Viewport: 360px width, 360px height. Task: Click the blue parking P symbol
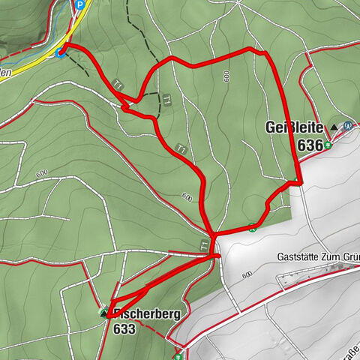point(79,4)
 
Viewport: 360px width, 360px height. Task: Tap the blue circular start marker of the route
point(61,51)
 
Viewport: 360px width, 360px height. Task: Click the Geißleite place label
point(294,127)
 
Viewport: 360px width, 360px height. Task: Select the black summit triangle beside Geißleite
point(334,127)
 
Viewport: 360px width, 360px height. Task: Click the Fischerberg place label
point(147,314)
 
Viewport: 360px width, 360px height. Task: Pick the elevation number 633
point(125,328)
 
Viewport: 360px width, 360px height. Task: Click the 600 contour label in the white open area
point(247,275)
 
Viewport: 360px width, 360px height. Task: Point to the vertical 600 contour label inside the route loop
point(226,76)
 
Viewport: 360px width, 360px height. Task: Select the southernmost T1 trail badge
point(204,244)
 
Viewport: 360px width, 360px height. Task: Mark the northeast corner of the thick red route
point(267,52)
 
